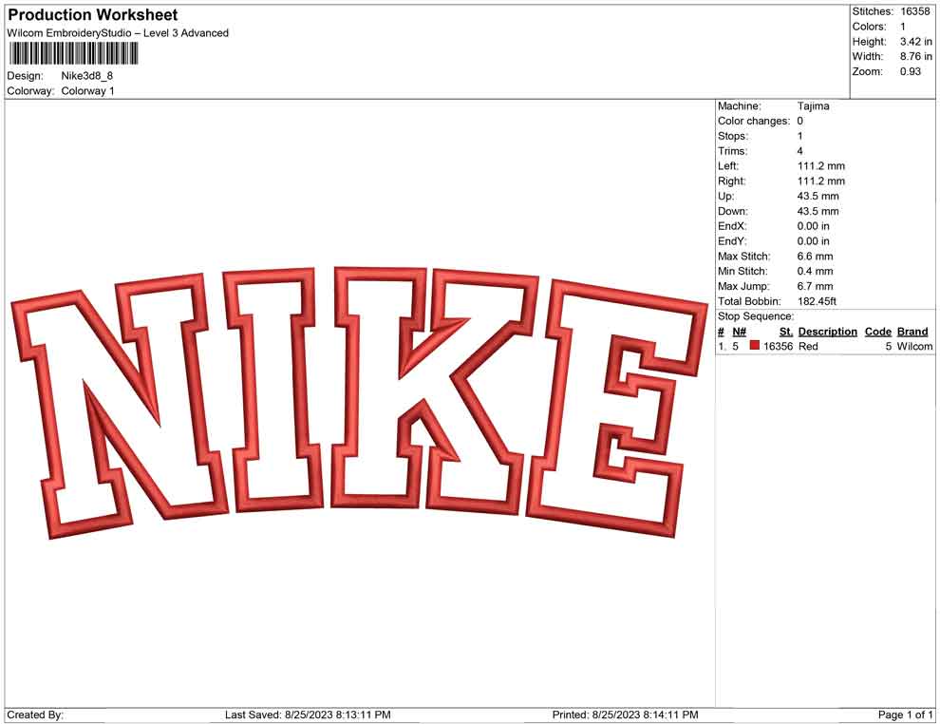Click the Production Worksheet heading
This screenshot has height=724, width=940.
coord(93,15)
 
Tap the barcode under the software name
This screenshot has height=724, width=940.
coord(73,53)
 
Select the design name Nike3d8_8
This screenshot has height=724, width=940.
coord(87,76)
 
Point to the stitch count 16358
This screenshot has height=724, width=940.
coord(914,11)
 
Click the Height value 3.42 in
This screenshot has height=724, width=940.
coord(916,42)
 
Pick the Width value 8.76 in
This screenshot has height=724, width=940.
coord(916,56)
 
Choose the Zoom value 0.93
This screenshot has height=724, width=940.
coord(910,71)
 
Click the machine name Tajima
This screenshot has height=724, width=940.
coord(814,106)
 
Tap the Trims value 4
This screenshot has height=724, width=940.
coord(799,151)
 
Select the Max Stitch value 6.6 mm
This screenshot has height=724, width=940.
coord(815,257)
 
